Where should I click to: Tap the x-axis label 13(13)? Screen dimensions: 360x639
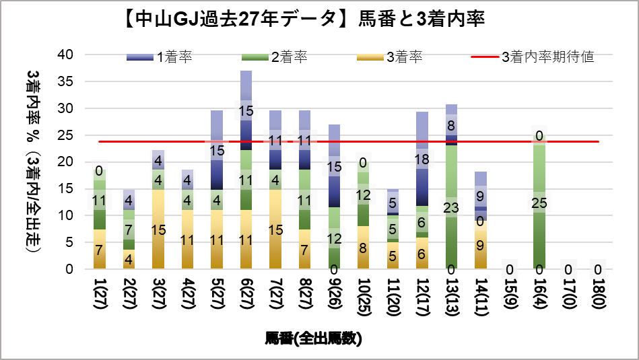[451, 297]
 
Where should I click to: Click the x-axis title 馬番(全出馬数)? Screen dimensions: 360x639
[314, 338]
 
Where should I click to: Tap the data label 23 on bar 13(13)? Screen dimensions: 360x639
[451, 208]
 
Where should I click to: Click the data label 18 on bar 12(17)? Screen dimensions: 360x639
[422, 159]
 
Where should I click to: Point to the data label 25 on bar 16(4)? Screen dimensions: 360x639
[539, 203]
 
